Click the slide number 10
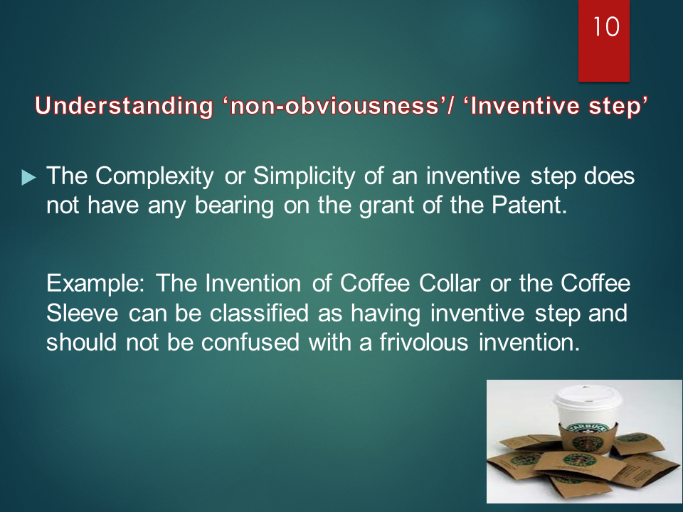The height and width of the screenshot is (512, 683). tap(607, 28)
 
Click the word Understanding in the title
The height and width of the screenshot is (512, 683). tap(122, 107)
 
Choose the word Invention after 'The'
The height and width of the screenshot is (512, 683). tap(255, 284)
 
